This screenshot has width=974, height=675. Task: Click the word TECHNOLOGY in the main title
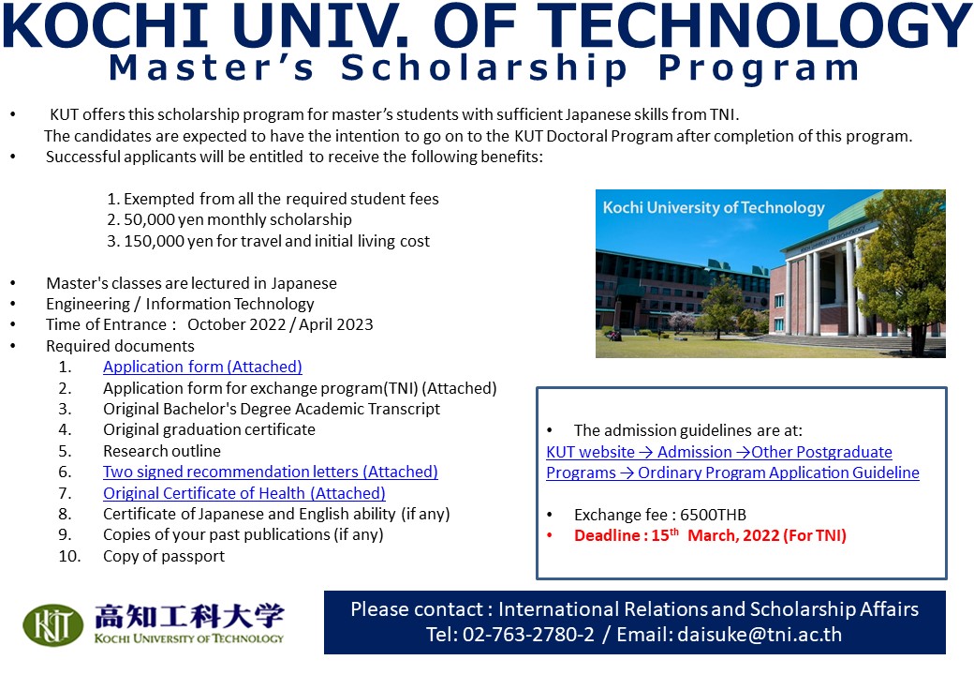pyautogui.click(x=754, y=25)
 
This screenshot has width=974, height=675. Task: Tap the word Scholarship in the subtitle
pyautogui.click(x=484, y=68)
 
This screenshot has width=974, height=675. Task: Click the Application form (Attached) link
pyautogui.click(x=202, y=367)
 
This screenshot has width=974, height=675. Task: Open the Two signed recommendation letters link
pyautogui.click(x=271, y=472)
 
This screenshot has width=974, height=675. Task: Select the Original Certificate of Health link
pyautogui.click(x=244, y=493)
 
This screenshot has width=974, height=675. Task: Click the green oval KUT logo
pyautogui.click(x=52, y=624)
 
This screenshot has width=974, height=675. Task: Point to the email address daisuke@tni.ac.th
pyautogui.click(x=760, y=635)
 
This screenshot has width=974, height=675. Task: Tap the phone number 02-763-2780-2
pyautogui.click(x=528, y=635)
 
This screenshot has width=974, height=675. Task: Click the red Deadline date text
pyautogui.click(x=710, y=535)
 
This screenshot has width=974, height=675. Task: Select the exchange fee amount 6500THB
pyautogui.click(x=713, y=515)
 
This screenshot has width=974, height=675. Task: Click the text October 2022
pyautogui.click(x=237, y=324)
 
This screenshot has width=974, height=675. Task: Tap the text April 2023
pyautogui.click(x=336, y=324)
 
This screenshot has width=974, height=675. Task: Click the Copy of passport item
pyautogui.click(x=164, y=556)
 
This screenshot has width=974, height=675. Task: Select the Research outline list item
pyautogui.click(x=161, y=451)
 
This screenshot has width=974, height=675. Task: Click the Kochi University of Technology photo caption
pyautogui.click(x=714, y=207)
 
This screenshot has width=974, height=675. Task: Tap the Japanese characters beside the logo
pyautogui.click(x=189, y=616)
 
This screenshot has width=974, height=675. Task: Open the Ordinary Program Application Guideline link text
pyautogui.click(x=778, y=473)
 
